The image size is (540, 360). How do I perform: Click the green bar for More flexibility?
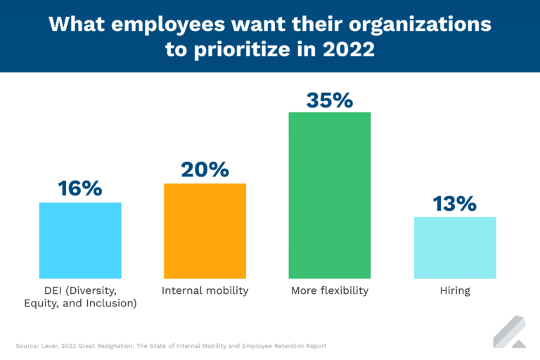[329, 195]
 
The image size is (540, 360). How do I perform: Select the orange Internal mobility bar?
[205, 231]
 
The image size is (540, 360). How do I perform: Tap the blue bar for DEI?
[80, 240]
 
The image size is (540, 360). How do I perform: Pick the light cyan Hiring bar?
[455, 247]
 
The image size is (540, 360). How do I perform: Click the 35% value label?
[329, 100]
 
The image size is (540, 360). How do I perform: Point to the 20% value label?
[205, 169]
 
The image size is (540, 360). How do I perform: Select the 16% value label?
[80, 188]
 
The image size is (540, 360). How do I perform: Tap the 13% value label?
[455, 203]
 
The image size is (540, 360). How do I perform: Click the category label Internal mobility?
[205, 290]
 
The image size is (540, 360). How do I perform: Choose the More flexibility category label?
[329, 290]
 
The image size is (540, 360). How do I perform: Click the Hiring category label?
[455, 290]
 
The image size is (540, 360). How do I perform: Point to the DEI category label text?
[80, 297]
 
